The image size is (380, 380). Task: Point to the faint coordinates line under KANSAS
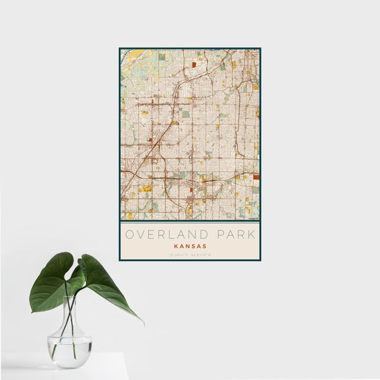point(189,255)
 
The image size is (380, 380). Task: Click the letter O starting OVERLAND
point(129,234)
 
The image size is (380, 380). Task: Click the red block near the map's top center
point(194,64)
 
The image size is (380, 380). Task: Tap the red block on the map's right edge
point(256,177)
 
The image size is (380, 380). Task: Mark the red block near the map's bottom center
point(192,201)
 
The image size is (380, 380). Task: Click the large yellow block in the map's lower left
point(146,188)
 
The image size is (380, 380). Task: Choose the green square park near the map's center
point(185,115)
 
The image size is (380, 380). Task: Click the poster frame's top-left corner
point(120,48)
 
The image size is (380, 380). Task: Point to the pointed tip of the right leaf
point(142,322)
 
